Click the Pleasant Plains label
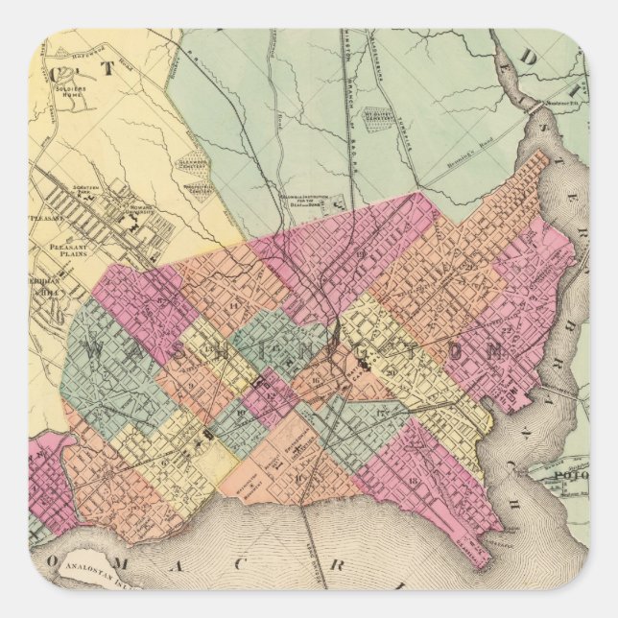[67, 250]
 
